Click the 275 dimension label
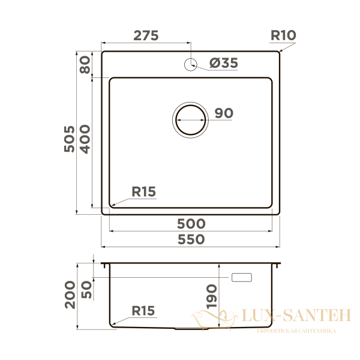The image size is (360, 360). [146, 35]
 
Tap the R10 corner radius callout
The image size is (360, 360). [283, 35]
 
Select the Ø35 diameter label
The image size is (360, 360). [224, 63]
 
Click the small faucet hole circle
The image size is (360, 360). [191, 65]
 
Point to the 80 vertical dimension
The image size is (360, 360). [85, 65]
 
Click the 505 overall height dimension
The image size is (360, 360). [70, 139]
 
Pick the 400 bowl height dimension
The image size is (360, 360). [85, 139]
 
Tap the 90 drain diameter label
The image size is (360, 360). [224, 113]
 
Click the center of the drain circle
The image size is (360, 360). [191, 120]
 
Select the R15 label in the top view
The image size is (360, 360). [144, 192]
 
